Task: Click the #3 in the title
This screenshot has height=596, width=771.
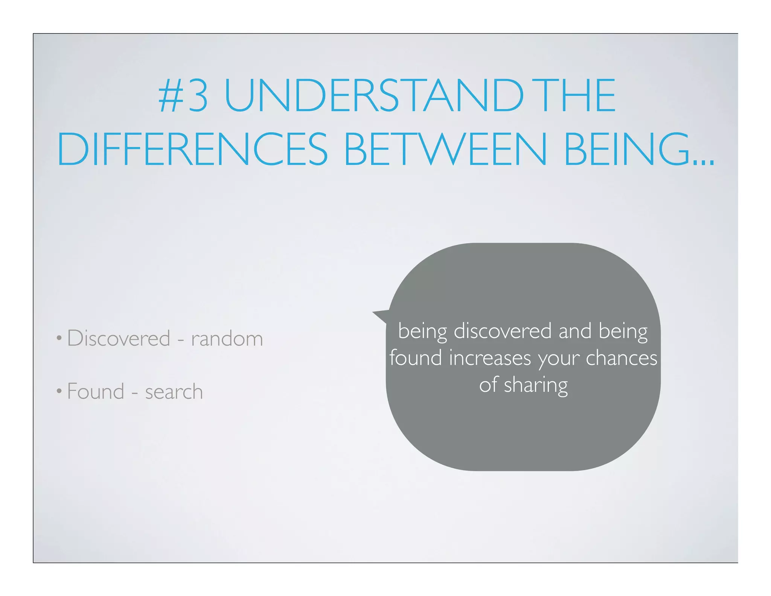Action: pos(183,96)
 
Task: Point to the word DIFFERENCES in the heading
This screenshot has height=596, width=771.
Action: pos(192,150)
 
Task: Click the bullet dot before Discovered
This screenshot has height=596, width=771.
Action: pos(59,338)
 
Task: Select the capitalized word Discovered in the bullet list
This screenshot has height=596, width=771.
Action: pos(119,338)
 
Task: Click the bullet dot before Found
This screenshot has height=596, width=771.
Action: pos(59,391)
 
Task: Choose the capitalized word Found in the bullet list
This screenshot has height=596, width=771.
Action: pos(96,391)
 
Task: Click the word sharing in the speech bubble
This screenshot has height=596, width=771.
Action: pos(536,385)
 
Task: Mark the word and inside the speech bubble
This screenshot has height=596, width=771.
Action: pos(575,331)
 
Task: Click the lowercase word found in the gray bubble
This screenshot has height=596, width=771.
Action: pos(416,358)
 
